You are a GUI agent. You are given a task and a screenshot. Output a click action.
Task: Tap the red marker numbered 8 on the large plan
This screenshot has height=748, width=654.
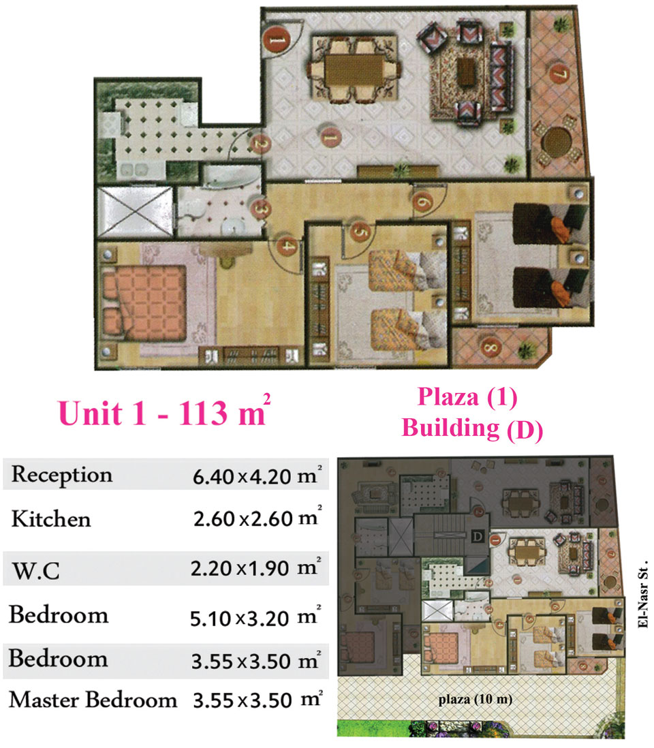490,347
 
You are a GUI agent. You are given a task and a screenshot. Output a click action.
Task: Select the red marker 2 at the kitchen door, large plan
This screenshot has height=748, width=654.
260,142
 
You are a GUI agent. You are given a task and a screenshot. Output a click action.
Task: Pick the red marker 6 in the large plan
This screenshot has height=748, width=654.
423,202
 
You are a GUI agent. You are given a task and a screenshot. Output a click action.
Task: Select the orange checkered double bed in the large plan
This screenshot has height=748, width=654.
144,302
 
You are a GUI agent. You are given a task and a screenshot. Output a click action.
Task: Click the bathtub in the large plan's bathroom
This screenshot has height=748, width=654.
230,176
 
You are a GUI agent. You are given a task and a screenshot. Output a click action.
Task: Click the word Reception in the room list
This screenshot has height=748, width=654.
62,475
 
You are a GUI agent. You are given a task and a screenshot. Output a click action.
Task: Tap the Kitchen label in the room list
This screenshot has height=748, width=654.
51,518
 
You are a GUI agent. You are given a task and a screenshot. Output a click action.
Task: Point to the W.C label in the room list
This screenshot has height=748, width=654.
36,570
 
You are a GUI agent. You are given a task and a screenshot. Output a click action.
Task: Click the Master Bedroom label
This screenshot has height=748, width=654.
93,700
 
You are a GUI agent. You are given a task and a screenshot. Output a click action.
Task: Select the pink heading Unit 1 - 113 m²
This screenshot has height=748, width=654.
164,411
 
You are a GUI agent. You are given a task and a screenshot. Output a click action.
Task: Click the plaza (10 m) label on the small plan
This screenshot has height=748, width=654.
476,700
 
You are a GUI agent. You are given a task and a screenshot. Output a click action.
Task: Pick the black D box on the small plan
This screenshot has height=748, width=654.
478,537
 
